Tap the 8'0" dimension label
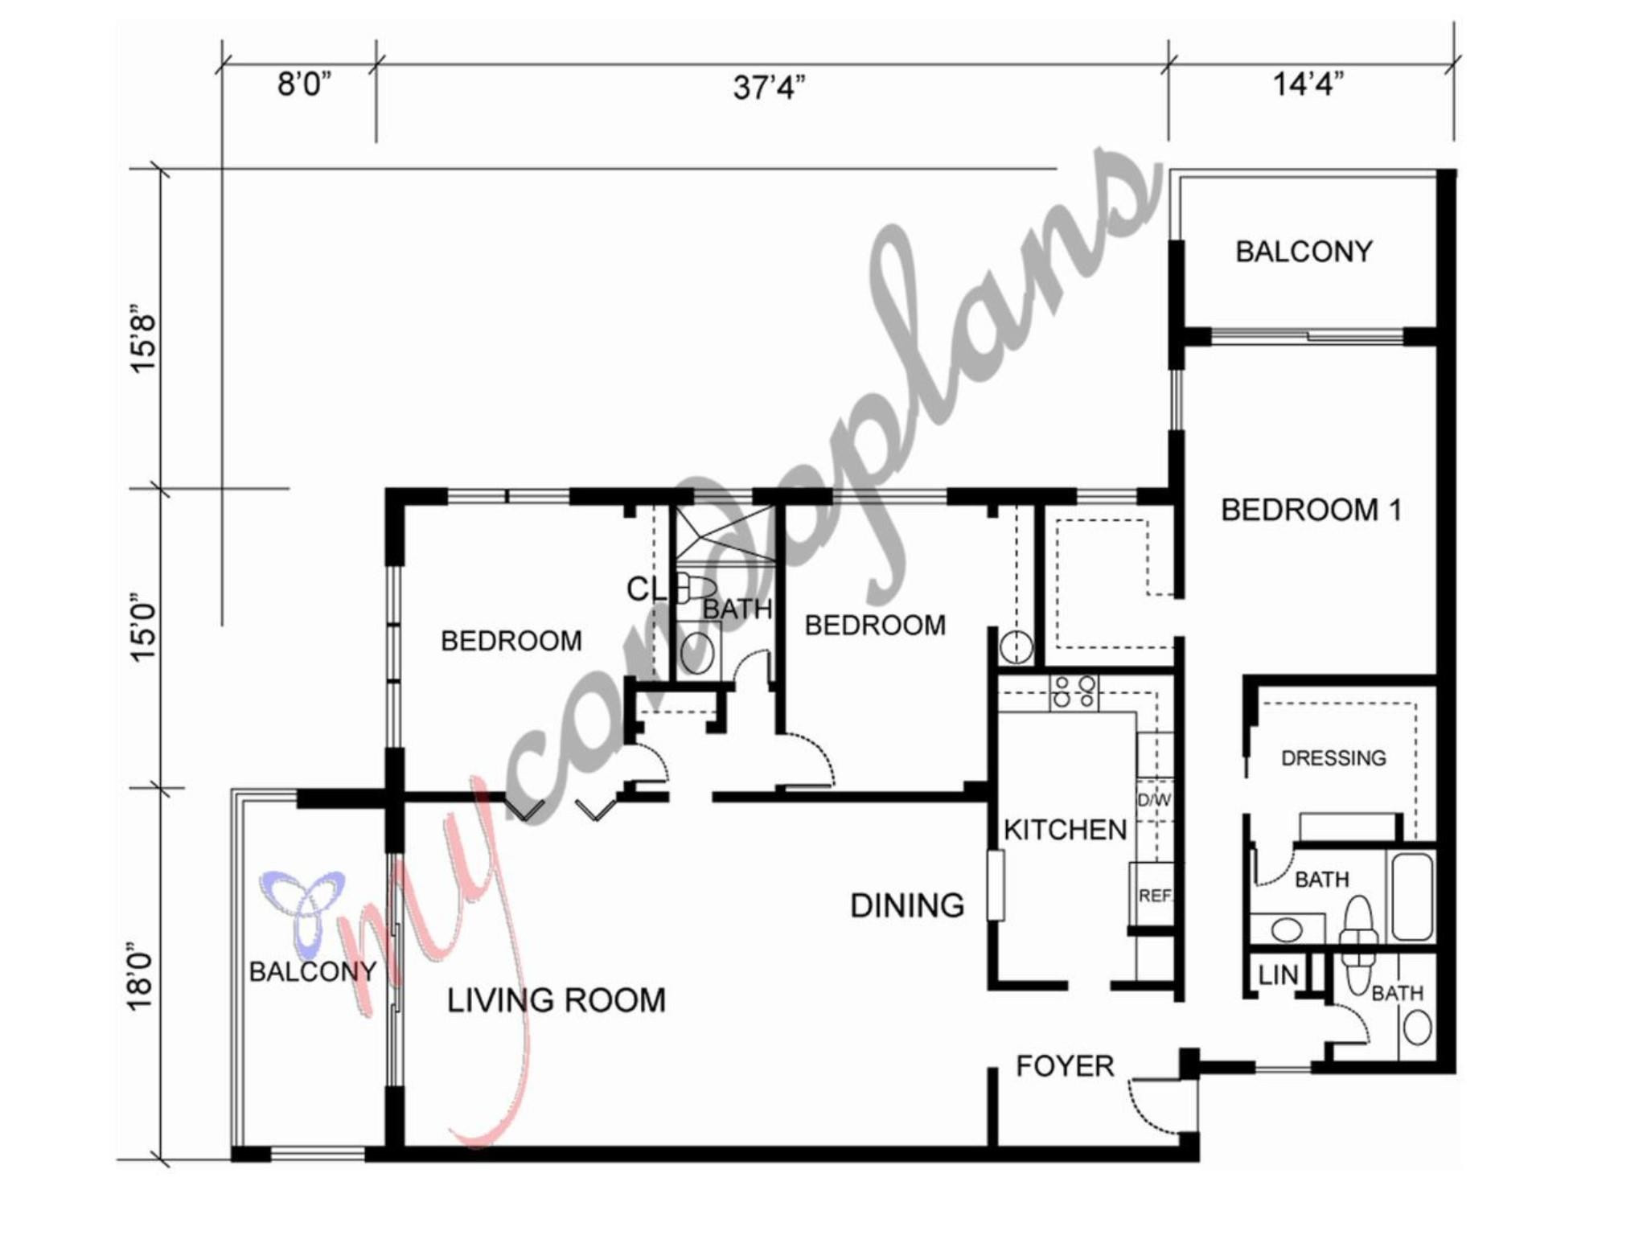pos(304,84)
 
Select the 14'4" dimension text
pos(1308,84)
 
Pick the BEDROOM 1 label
pos(1311,510)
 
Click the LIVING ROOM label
pos(556,1000)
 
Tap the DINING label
pos(907,906)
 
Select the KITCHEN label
pos(1065,830)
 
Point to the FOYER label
pos(1065,1066)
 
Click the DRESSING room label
pos(1333,758)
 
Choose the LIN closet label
pos(1278,975)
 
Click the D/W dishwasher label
pos(1154,800)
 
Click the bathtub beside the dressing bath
pos(1412,897)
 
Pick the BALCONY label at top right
pos(1304,252)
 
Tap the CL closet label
pos(647,589)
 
